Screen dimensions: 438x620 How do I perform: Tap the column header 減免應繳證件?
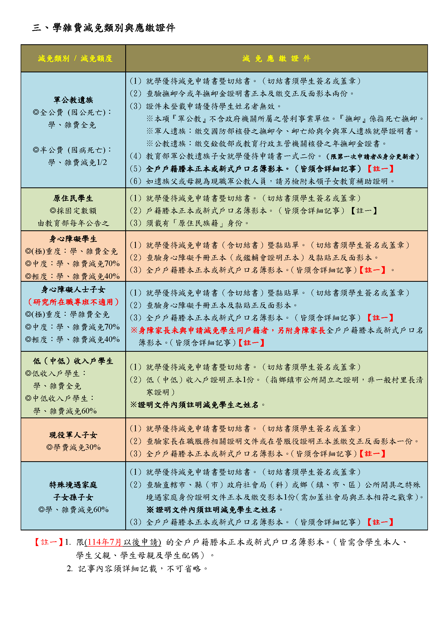[x=276, y=58]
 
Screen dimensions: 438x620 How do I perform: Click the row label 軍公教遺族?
[x=73, y=100]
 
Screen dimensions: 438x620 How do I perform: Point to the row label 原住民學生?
[x=73, y=199]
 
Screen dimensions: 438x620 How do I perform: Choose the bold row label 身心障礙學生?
[x=73, y=239]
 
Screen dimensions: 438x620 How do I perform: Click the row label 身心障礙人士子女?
[x=73, y=290]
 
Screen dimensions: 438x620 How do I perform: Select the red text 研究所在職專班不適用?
[x=73, y=302]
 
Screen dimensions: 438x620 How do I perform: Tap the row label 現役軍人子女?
[x=73, y=435]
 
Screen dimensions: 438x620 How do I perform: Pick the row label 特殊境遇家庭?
[x=73, y=485]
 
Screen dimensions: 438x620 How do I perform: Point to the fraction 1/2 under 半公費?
[x=102, y=162]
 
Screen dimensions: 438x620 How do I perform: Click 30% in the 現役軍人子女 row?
[x=93, y=447]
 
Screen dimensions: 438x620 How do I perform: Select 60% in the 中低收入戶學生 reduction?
[x=89, y=411]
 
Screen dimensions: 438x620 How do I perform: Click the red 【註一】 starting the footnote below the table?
[x=48, y=542]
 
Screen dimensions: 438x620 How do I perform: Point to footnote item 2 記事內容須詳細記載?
[x=137, y=569]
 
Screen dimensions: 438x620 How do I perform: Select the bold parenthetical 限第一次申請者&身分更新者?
[x=373, y=157]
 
